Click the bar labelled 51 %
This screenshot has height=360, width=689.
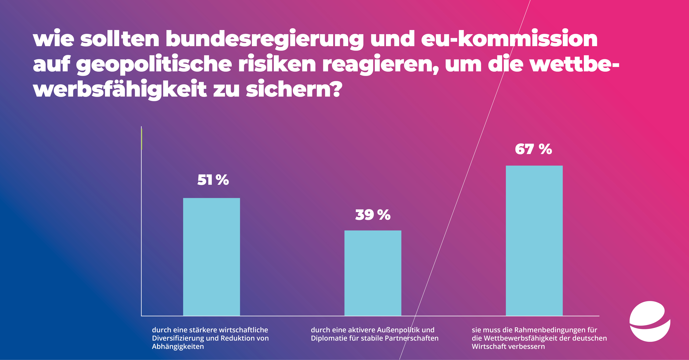(211, 257)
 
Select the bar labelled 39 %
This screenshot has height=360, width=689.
(373, 273)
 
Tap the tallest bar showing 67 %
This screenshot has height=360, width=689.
(534, 241)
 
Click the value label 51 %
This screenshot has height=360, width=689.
(213, 180)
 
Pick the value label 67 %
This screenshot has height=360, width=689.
(533, 149)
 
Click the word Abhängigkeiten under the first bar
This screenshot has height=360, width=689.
(178, 347)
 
